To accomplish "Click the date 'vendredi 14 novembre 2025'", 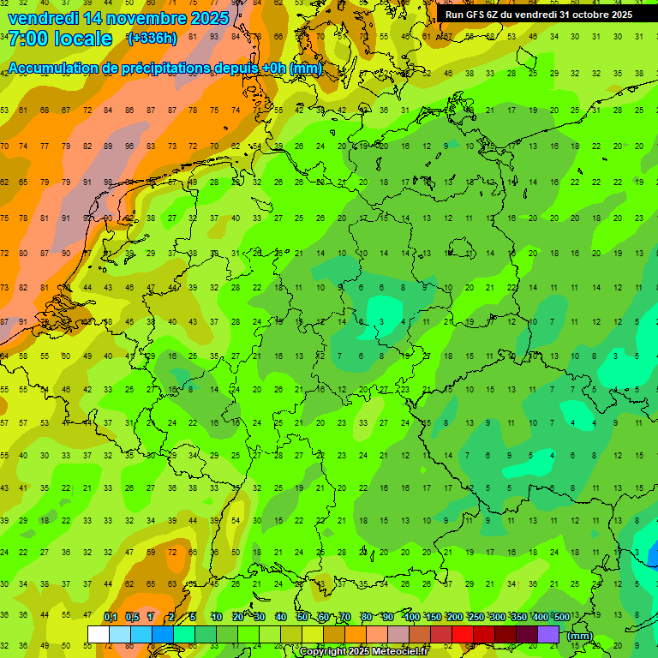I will click(x=118, y=18).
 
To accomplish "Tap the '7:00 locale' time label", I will click(x=60, y=39).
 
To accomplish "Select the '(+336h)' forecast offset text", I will click(x=153, y=39).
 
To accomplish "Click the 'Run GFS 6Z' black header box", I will click(x=538, y=14).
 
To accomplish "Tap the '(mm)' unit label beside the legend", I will click(x=580, y=636).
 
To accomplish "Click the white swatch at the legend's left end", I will click(x=98, y=635).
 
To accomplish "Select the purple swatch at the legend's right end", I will click(x=548, y=635).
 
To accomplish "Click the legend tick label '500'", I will click(x=561, y=617).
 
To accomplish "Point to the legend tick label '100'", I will click(x=411, y=617).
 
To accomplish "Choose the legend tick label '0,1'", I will click(x=111, y=617).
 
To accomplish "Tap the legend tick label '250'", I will click(x=476, y=617).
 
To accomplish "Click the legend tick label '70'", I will click(x=345, y=617).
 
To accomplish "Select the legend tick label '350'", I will click(x=518, y=617).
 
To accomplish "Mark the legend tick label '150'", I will click(x=433, y=617).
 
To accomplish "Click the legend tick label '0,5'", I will click(x=132, y=617).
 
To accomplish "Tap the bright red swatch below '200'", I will click(x=463, y=635).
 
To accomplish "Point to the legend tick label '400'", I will click(x=540, y=617).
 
